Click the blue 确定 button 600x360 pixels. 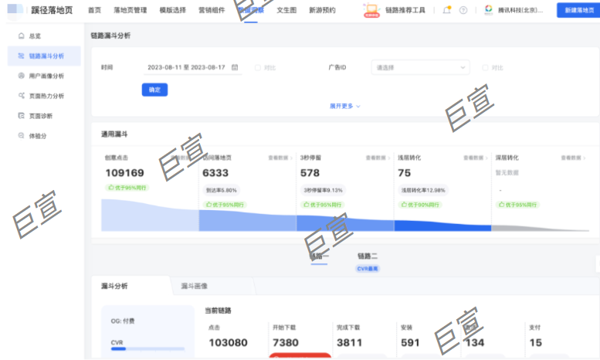[x=154, y=90]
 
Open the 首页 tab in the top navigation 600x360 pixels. [x=94, y=11]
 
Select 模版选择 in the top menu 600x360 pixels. [x=172, y=11]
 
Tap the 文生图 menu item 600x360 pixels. [x=286, y=11]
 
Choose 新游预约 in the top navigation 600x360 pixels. [x=322, y=11]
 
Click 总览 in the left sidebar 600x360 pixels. [x=35, y=36]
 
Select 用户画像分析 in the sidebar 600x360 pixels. [x=46, y=76]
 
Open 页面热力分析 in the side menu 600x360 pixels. [x=46, y=96]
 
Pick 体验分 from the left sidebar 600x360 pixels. [x=38, y=136]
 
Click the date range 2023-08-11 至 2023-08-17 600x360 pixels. [x=186, y=68]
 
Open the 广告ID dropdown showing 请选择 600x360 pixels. [x=420, y=68]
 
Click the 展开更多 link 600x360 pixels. [x=344, y=106]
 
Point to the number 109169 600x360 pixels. [x=124, y=173]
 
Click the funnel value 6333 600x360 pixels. [x=215, y=173]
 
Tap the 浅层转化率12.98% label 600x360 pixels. [x=422, y=190]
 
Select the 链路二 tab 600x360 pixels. [x=368, y=256]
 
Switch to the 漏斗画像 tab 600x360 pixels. [x=194, y=286]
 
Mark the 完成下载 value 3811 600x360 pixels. [x=350, y=342]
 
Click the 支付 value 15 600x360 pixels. [x=535, y=342]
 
